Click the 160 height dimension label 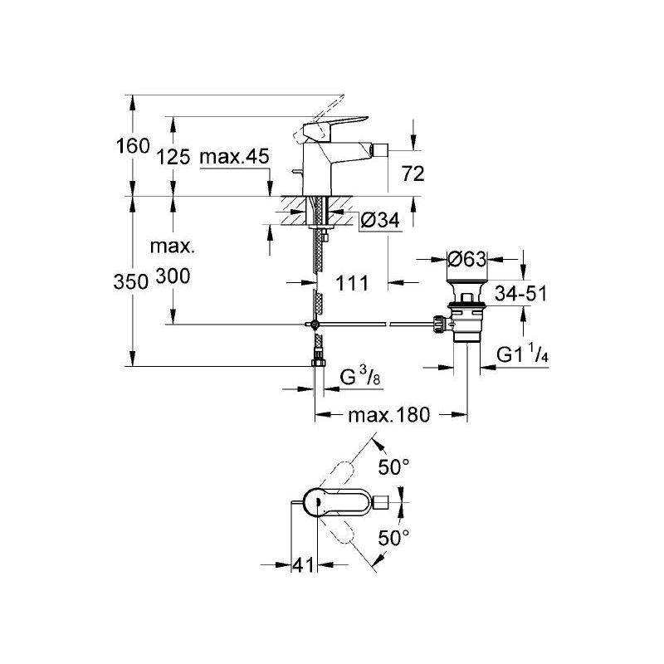pyautogui.click(x=133, y=146)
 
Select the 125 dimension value pyautogui.click(x=173, y=157)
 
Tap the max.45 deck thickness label pyautogui.click(x=234, y=157)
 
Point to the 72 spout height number pyautogui.click(x=413, y=173)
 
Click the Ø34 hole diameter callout pyautogui.click(x=380, y=220)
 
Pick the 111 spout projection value pyautogui.click(x=352, y=283)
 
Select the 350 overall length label pyautogui.click(x=131, y=281)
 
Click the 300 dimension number pyautogui.click(x=173, y=276)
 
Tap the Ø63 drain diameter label pyautogui.click(x=467, y=259)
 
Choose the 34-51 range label pyautogui.click(x=521, y=293)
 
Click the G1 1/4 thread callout pyautogui.click(x=523, y=354)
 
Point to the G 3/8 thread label pyautogui.click(x=360, y=376)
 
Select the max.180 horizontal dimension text pyautogui.click(x=388, y=415)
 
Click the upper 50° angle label pyautogui.click(x=393, y=467)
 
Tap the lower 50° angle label pyautogui.click(x=393, y=538)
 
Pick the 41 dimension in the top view pyautogui.click(x=304, y=564)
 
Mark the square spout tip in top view pyautogui.click(x=382, y=503)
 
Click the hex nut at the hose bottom pyautogui.click(x=317, y=362)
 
